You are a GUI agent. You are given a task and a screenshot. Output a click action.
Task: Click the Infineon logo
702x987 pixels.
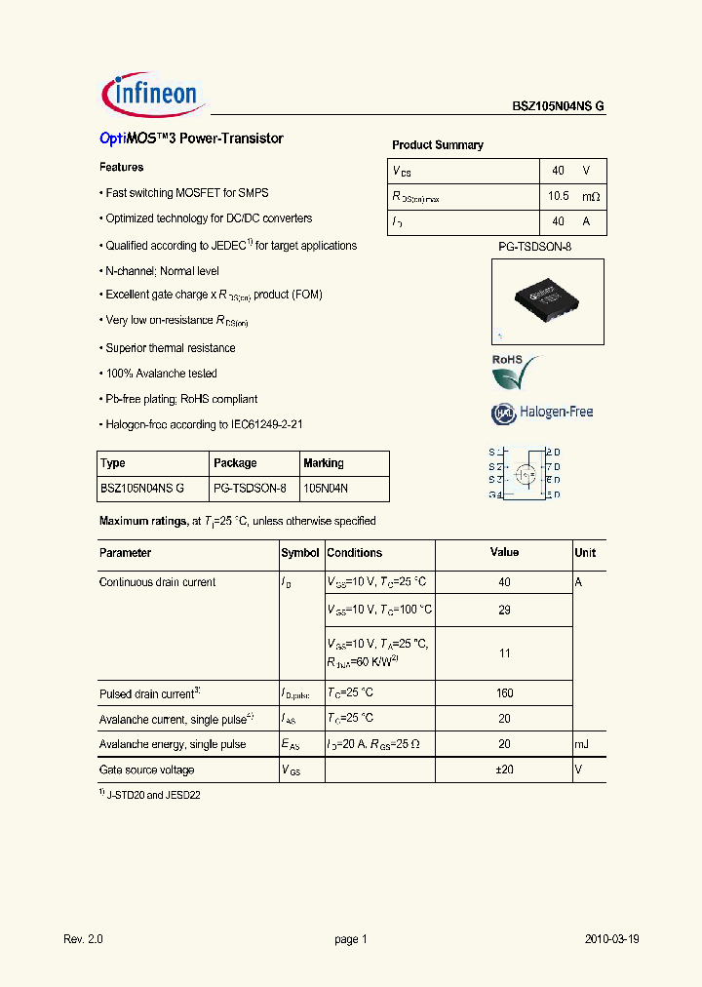click(x=151, y=95)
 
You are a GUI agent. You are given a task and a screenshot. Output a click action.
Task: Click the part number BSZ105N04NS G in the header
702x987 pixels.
click(x=559, y=107)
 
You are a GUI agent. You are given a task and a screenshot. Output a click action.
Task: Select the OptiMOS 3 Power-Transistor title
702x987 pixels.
click(x=191, y=138)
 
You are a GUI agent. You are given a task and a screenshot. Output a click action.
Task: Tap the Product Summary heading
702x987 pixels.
click(x=438, y=145)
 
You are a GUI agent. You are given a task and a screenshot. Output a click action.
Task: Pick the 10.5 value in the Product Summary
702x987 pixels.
click(x=558, y=197)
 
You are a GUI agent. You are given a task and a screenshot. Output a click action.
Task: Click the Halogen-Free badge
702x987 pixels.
click(x=542, y=413)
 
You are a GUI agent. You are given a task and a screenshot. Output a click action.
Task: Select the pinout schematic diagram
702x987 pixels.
click(x=524, y=473)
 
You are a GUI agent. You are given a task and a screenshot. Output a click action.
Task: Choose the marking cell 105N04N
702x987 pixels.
click(x=326, y=489)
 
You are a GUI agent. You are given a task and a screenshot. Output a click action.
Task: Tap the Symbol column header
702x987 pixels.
click(x=300, y=553)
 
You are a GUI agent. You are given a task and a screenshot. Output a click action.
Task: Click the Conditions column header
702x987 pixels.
click(x=355, y=553)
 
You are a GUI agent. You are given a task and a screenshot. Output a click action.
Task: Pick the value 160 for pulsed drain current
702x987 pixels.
click(x=504, y=694)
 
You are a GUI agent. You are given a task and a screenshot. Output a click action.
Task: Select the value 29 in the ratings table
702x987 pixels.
click(x=504, y=609)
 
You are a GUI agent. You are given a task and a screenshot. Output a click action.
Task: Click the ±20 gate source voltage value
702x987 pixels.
click(x=504, y=770)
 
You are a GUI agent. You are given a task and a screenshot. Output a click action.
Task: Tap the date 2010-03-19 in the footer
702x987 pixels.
click(x=611, y=939)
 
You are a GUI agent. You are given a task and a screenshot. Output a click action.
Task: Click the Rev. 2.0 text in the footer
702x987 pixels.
click(x=83, y=939)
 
